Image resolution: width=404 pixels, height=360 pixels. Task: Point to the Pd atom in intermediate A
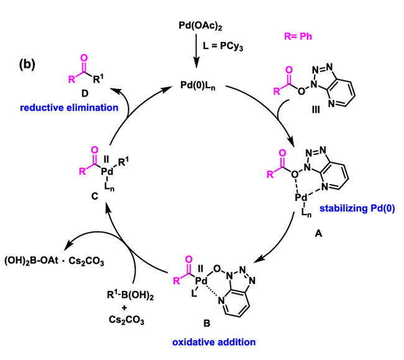tap(302, 197)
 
